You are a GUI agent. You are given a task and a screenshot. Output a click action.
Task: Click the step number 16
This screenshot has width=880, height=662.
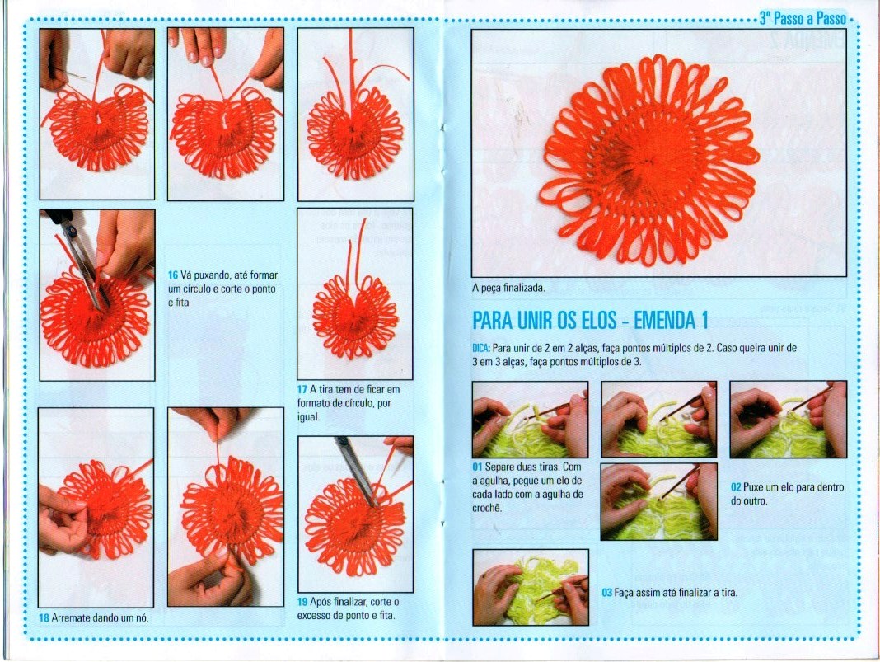coord(173,275)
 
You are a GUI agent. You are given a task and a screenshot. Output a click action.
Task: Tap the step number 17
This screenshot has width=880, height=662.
coord(302,390)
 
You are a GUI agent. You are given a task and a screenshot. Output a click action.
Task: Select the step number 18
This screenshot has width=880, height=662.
coord(44,618)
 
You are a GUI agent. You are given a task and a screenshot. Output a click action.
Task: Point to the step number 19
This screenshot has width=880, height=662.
coord(302,602)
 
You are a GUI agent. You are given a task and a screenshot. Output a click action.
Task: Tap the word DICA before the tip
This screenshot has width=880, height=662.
coord(480,348)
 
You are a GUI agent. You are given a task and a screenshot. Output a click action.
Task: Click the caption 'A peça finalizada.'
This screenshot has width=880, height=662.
coord(508,289)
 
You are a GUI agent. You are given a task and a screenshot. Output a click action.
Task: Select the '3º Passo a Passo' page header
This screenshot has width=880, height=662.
coord(803,18)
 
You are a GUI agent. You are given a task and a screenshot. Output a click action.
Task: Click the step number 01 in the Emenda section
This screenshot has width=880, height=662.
coord(477,467)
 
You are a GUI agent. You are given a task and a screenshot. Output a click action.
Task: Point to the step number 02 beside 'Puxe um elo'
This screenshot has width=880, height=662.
coord(736,487)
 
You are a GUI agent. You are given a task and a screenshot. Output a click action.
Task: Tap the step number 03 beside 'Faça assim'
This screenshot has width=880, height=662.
coord(606,593)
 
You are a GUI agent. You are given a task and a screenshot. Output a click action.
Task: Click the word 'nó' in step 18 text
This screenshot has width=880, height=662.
coord(142,618)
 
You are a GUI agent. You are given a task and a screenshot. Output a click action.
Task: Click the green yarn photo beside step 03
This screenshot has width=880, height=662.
coord(531,587)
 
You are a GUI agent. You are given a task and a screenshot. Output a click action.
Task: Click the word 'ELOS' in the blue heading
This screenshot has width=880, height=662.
coord(596,321)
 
